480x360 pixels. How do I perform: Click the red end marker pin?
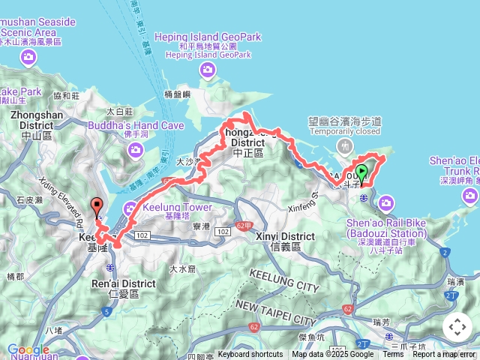tap(96, 205)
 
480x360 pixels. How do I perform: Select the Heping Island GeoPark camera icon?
tap(208, 70)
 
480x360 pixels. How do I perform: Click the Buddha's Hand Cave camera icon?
tap(136, 148)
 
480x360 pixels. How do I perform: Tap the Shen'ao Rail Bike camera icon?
tap(386, 202)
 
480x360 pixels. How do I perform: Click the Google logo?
tap(28, 349)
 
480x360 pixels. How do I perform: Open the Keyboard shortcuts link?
tap(250, 355)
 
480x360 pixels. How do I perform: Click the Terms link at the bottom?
tap(393, 355)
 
